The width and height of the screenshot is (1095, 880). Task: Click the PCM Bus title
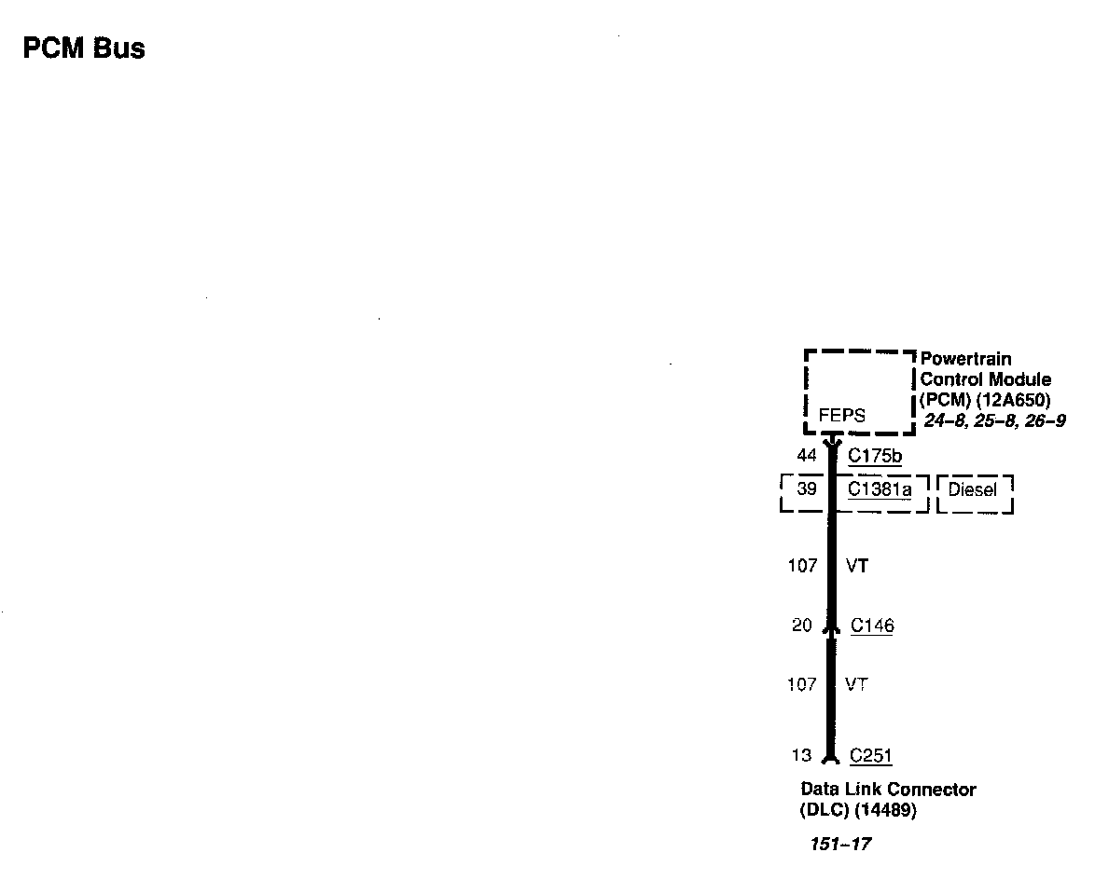[x=84, y=48]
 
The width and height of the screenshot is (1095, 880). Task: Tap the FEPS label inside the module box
[x=841, y=416]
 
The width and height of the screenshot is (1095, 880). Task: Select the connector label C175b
[x=875, y=456]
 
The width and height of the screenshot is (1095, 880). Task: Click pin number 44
[x=807, y=456]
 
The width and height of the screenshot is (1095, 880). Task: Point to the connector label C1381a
[x=880, y=489]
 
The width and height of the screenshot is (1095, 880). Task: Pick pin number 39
[x=807, y=489]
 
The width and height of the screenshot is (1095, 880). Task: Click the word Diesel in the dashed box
[x=973, y=490]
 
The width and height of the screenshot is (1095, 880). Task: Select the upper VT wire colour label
[x=857, y=565]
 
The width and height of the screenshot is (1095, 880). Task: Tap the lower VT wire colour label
[x=857, y=684]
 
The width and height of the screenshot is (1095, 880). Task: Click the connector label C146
[x=872, y=626]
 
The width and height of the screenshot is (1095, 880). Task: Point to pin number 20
[x=802, y=626]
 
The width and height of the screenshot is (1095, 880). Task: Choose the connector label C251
[x=871, y=756]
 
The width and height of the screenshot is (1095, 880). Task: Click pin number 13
[x=802, y=756]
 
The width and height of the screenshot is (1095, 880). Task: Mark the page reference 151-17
[x=840, y=845]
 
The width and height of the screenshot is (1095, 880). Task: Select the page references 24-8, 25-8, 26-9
[x=994, y=421]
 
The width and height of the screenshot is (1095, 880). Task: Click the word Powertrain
[x=965, y=359]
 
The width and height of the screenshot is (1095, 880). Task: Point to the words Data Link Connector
[x=888, y=790]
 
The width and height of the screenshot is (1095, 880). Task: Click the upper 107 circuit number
[x=802, y=565]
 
